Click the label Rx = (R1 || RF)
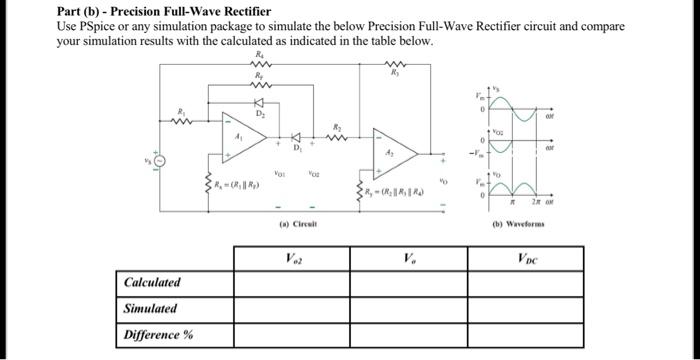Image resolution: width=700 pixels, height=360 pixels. (242, 185)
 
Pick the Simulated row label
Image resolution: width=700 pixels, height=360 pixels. (150, 309)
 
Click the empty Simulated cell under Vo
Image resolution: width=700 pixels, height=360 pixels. (408, 309)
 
